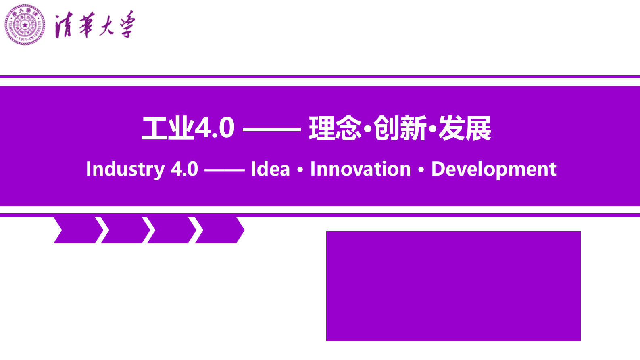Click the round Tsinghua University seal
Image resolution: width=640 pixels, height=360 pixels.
pos(25,25)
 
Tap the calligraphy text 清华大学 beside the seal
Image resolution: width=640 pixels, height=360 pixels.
pos(95,25)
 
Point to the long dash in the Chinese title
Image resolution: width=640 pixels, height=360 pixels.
pos(272,130)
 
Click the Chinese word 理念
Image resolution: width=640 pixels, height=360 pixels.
pos(335,128)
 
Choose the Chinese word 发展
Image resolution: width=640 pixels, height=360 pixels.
pos(465,128)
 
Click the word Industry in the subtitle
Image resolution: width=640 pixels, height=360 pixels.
pos(125,169)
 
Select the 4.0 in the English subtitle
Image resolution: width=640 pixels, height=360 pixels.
pos(184,169)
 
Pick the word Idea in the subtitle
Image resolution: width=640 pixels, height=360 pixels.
pos(270,169)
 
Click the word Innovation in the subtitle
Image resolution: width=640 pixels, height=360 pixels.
pos(361,169)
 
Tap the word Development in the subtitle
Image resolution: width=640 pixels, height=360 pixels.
pos(494,169)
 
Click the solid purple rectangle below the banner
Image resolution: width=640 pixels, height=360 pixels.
pos(453,286)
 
